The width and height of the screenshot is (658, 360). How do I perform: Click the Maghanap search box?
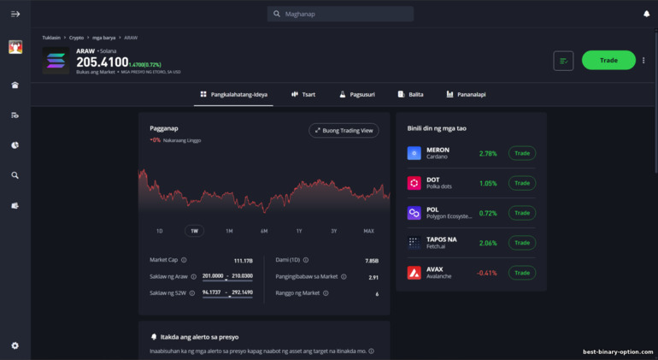coord(340,14)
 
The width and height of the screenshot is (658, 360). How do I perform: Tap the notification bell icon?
coord(646,14)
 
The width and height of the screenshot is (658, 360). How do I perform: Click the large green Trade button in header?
coord(608,61)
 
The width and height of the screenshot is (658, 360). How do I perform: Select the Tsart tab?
coord(303,94)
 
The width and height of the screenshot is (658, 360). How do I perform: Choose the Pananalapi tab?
coord(466,94)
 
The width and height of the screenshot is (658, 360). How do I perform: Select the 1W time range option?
coord(194,231)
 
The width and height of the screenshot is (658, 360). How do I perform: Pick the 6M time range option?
coord(264,231)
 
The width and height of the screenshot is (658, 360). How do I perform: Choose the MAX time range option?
coord(368,231)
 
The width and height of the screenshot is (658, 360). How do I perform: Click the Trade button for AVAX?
coord(522,273)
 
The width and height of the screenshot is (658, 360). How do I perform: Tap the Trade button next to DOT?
coord(522,183)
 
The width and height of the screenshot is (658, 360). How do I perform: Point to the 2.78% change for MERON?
coord(488,154)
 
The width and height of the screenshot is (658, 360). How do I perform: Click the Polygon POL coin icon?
coord(414,213)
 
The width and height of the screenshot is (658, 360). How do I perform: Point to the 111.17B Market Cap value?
coord(243,261)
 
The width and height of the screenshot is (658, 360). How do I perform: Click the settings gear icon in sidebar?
coord(15,345)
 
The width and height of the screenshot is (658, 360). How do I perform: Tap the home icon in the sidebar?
coord(15,86)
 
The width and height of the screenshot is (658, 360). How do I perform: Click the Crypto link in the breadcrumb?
coord(77,38)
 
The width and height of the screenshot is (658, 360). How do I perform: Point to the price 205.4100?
coord(102,62)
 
